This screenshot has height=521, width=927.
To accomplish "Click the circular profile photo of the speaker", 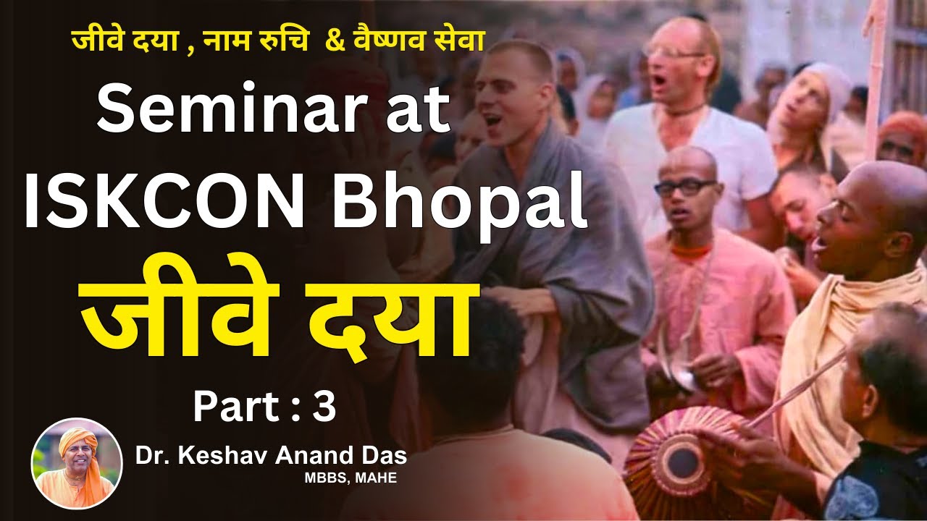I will (77, 464).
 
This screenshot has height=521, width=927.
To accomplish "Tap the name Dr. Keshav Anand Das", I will (270, 457).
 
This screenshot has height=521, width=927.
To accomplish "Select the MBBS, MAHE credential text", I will (351, 478).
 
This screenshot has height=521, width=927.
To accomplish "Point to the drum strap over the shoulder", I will (804, 384).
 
